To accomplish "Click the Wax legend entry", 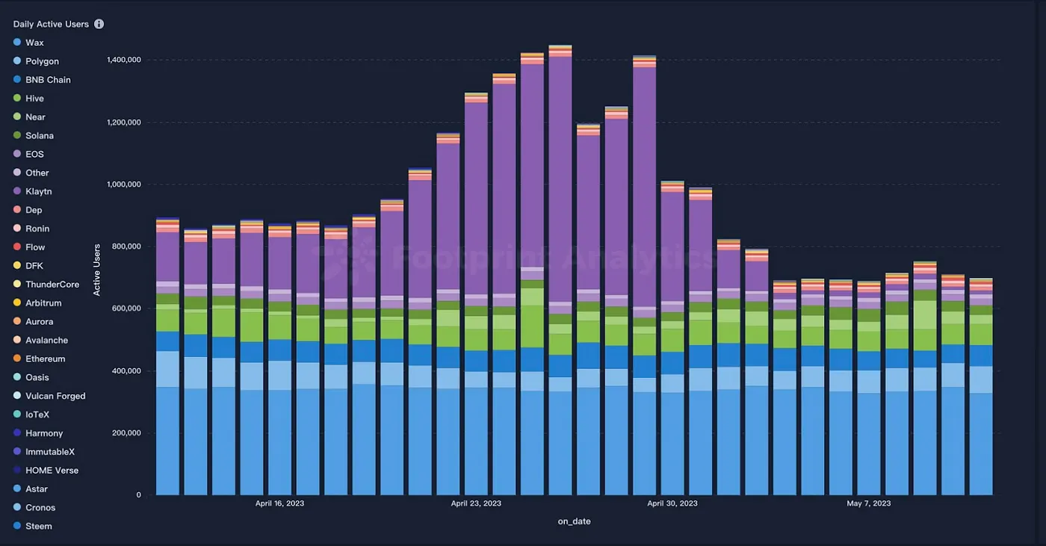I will coord(34,43).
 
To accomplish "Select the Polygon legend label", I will coord(42,61).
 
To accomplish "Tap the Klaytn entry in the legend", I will coord(38,191).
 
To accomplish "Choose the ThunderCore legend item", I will coord(52,285).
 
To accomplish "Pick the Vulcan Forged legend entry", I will coord(55,396).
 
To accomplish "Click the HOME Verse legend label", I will coord(52,471).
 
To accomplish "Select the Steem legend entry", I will coord(38,526).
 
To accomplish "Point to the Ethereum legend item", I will coord(45,359).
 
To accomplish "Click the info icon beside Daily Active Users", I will coord(99,24).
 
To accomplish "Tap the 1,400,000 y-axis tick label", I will coord(125,60).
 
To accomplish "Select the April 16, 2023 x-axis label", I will coord(279,503).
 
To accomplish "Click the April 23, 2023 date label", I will coord(475,503).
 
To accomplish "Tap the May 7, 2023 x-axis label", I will coord(868,503).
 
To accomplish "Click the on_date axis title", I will coord(574,521).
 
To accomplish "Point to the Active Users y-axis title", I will coord(97,269).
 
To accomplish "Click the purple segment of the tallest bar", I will coord(560,179).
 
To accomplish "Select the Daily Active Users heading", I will coord(51,24).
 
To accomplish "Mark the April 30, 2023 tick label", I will coord(672,503).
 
